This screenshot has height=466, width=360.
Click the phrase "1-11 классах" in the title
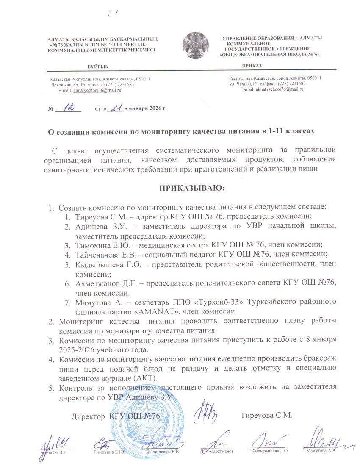point(291,132)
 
